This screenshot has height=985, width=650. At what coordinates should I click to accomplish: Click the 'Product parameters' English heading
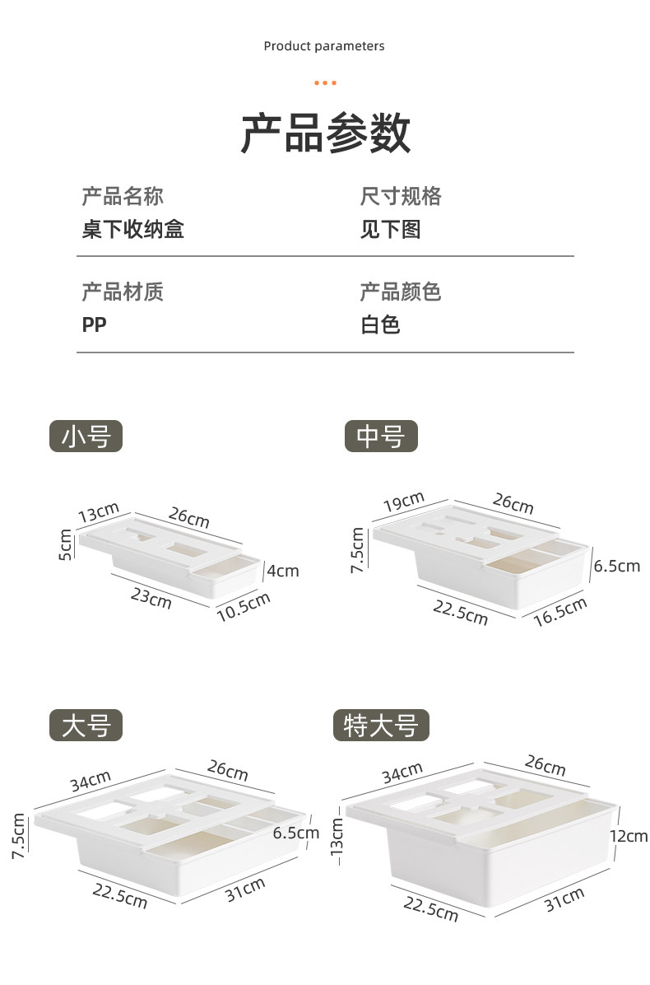324,46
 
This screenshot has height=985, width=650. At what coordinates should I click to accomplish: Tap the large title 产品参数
325,133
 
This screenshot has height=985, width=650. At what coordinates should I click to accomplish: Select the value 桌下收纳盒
132,229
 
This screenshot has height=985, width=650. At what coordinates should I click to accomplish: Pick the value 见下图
390,229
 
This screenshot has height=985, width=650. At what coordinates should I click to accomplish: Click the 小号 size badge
86,436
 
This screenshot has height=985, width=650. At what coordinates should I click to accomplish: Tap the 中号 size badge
381,436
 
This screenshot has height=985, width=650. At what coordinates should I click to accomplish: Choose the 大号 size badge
86,725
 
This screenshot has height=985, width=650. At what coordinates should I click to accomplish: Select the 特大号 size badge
381,726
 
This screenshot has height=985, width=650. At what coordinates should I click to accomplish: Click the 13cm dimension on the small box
99,513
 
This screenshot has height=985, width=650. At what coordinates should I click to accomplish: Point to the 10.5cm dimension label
244,607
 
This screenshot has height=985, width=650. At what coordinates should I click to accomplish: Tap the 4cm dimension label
282,570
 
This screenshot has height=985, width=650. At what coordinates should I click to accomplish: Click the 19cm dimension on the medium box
403,500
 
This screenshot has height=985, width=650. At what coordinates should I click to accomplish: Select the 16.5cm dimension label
560,612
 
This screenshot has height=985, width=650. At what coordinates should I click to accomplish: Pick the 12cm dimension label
628,836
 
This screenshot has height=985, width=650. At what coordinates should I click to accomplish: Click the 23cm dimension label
151,597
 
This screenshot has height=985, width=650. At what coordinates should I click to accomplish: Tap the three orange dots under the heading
325,82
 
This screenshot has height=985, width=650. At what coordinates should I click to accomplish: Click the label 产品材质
123,291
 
